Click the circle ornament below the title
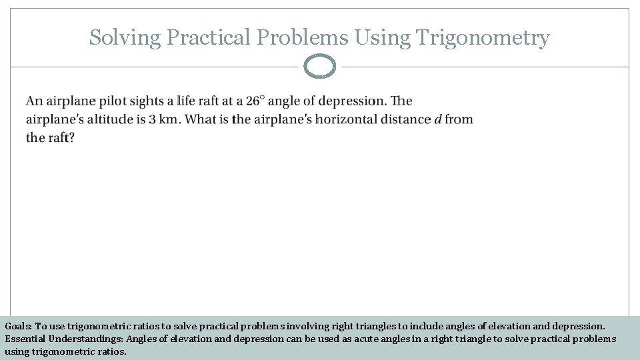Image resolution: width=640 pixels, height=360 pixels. tap(319, 67)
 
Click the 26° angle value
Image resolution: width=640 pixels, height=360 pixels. tap(255, 101)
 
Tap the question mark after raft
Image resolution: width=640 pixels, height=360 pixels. tap(71, 138)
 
